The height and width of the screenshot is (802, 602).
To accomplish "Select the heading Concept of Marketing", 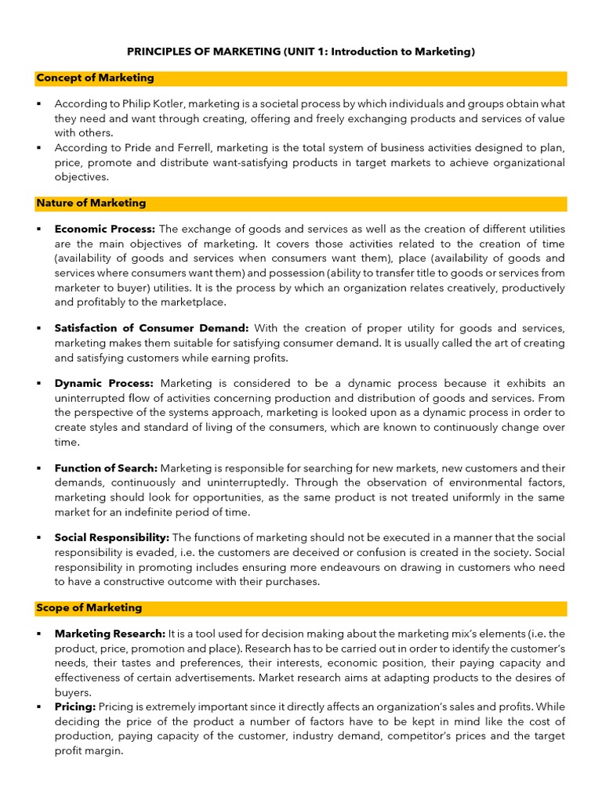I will [95, 78].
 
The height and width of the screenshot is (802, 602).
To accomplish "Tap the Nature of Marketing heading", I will [91, 204].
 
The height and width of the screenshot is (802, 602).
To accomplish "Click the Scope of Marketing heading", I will [89, 608].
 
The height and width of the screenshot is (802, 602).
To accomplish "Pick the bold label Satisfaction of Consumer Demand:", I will [151, 328].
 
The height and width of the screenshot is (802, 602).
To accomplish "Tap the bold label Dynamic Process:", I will [104, 383].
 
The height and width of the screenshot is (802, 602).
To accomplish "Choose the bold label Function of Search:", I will [106, 468].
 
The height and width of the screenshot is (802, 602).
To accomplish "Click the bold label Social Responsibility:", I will [112, 537].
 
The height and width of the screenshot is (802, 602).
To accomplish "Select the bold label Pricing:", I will [75, 706].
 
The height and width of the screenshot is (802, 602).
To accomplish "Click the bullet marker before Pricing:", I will [38, 706].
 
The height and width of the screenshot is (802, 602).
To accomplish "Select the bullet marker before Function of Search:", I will [38, 468].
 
